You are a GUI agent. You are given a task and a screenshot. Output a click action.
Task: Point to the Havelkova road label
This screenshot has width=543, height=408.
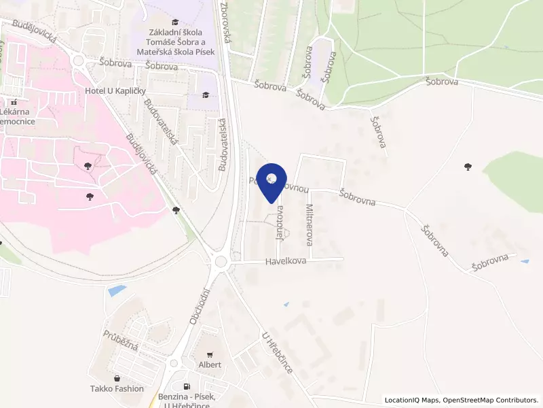click(x=286, y=260)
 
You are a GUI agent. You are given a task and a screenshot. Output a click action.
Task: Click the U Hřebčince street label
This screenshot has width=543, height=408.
click(x=277, y=353)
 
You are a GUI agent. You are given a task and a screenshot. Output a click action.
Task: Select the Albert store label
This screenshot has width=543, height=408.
click(x=209, y=364)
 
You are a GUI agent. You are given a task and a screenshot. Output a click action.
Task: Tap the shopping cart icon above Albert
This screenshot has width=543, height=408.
click(x=209, y=354)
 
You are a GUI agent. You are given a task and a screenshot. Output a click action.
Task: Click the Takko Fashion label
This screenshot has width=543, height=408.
click(x=117, y=388)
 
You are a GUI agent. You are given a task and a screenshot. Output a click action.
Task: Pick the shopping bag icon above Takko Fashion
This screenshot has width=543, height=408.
click(x=117, y=378)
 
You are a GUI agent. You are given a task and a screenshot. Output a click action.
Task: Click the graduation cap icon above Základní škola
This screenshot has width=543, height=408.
click(x=176, y=22)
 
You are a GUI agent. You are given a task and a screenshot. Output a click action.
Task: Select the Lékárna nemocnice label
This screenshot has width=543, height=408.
click(x=18, y=116)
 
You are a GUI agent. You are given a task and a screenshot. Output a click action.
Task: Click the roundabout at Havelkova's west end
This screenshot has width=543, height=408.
click(x=221, y=262)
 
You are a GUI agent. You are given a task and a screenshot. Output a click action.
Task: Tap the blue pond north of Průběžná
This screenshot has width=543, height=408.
click(x=116, y=290)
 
